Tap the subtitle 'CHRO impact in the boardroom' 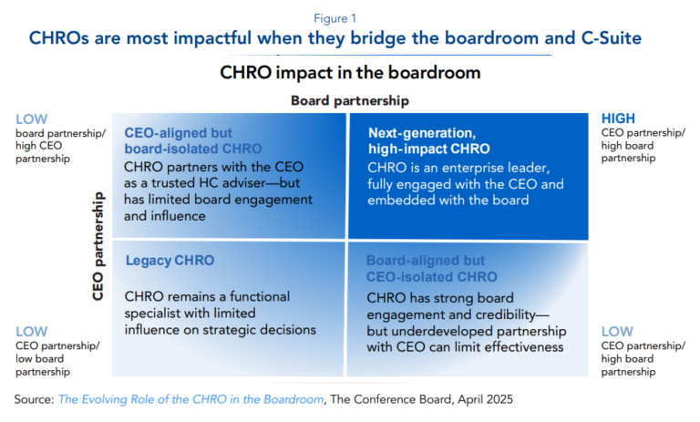(350, 71)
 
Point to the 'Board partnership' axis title (349, 100)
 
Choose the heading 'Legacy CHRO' (170, 261)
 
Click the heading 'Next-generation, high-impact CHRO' (428, 139)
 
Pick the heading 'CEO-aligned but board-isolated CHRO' (192, 139)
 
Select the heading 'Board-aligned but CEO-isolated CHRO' (431, 268)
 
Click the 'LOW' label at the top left (31, 118)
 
